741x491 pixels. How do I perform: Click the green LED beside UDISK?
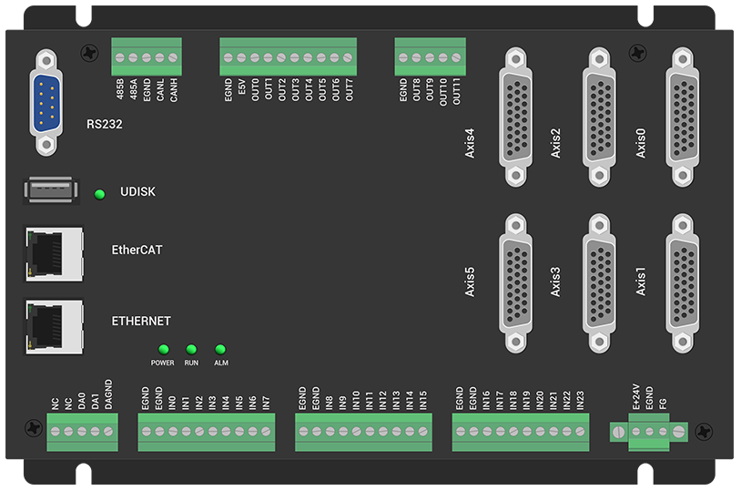(100, 193)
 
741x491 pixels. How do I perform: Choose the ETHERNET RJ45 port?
(54, 322)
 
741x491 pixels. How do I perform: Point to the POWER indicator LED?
(164, 349)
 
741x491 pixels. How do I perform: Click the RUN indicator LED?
(191, 349)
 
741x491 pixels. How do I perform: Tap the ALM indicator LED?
(220, 349)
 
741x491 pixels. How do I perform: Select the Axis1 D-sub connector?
(688, 283)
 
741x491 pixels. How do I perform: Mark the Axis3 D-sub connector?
(600, 283)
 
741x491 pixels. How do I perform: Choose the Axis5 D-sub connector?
(516, 283)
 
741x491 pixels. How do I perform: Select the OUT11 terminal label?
(457, 92)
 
